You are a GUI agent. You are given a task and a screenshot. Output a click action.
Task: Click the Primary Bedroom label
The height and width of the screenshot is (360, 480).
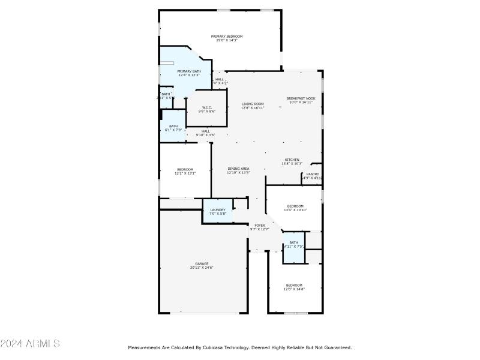(227, 36)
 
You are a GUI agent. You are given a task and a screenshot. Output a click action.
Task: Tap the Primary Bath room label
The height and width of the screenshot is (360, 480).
(189, 71)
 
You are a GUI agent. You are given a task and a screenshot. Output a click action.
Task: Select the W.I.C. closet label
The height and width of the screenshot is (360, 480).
(206, 107)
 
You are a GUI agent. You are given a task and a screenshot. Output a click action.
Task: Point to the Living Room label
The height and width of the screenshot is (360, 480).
(253, 104)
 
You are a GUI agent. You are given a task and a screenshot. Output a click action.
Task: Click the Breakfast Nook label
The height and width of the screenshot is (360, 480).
(301, 98)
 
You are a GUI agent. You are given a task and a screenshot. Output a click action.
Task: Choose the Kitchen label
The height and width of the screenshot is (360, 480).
(292, 160)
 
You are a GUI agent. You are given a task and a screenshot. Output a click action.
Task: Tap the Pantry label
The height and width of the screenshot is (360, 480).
(313, 174)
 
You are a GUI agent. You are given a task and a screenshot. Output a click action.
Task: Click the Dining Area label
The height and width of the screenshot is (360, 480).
(238, 169)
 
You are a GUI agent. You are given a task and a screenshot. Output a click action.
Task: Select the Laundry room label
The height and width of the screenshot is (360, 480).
(217, 209)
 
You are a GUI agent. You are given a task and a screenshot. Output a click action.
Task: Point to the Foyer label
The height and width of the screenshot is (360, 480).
(259, 225)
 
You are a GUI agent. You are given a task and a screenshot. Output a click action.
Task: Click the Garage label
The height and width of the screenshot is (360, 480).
(202, 263)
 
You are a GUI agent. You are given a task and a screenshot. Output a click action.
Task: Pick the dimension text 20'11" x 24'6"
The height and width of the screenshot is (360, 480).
(202, 268)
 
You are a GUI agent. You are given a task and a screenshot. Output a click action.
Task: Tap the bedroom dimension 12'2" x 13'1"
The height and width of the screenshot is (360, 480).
(185, 173)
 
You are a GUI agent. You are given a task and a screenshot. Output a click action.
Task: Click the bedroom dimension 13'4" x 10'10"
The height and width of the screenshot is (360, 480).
(295, 210)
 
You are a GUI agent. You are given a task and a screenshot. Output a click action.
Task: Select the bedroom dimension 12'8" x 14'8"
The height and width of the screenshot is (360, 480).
(294, 289)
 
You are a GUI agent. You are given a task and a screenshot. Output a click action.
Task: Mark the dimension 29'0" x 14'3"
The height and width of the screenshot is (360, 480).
(227, 40)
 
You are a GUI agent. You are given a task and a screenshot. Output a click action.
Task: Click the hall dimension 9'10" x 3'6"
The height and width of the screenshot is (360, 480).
(206, 135)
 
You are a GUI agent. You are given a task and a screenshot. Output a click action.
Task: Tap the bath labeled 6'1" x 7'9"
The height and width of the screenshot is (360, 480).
(173, 130)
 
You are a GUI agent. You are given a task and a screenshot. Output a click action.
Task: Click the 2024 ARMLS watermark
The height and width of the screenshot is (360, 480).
(30, 344)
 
